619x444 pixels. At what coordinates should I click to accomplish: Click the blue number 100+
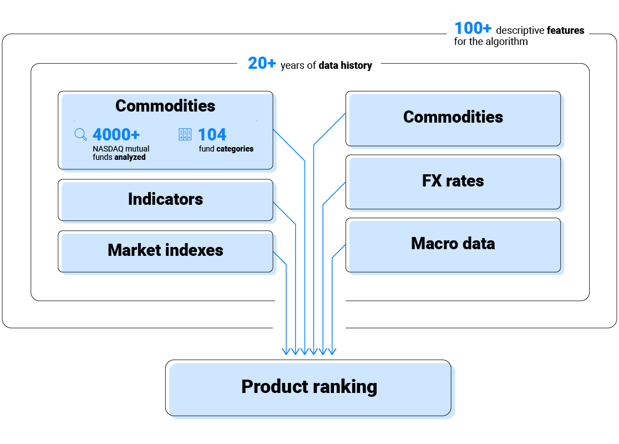tap(473, 28)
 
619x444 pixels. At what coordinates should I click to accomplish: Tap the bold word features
tap(565, 31)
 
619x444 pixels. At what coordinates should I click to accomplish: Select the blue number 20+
tap(262, 64)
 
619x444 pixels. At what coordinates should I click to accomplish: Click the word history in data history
tap(357, 65)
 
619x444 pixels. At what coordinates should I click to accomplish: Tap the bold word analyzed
tap(130, 157)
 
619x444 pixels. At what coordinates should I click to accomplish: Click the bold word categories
tap(235, 149)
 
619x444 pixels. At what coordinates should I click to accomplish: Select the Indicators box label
tap(165, 199)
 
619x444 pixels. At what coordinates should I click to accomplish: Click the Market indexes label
tap(165, 250)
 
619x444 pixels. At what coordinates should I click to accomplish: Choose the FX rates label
tap(453, 181)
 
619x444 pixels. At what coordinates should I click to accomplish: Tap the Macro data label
tap(453, 244)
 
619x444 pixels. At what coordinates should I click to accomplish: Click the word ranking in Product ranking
tap(344, 387)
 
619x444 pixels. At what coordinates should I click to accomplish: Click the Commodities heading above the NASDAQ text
tap(165, 106)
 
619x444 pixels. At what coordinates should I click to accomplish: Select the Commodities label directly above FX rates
tap(453, 117)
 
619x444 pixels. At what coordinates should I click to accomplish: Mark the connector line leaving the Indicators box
tap(296, 277)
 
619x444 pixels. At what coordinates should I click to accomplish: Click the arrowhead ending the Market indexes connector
tap(287, 351)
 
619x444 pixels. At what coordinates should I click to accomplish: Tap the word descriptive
tap(520, 31)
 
